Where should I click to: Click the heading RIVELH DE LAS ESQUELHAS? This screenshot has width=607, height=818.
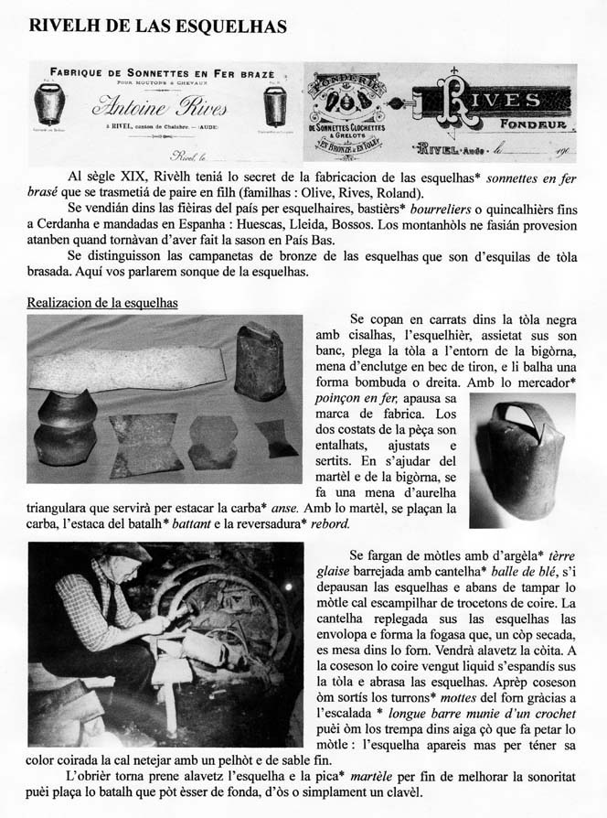158,27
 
